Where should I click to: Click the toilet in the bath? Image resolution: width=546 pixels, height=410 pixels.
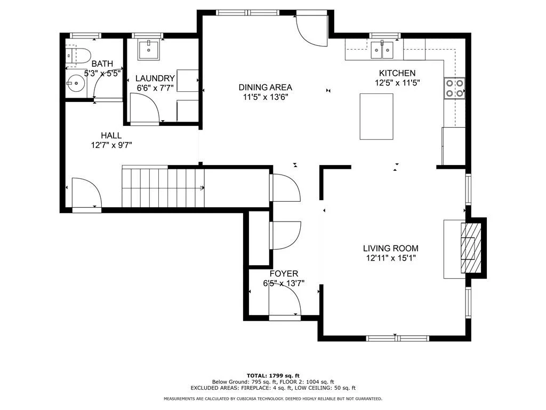[78, 56]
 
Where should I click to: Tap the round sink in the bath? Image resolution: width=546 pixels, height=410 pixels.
[75, 83]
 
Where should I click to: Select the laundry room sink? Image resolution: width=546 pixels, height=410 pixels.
[149, 50]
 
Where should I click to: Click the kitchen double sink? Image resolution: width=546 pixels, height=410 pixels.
[382, 50]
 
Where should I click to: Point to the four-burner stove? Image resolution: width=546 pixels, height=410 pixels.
[455, 88]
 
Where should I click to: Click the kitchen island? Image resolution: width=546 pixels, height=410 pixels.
[376, 116]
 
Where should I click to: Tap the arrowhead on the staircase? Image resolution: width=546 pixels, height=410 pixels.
[202, 188]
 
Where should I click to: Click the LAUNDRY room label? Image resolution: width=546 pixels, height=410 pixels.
[155, 78]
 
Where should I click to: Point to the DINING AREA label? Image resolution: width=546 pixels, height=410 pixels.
[266, 87]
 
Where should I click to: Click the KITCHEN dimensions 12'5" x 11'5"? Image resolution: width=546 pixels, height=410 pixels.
[397, 83]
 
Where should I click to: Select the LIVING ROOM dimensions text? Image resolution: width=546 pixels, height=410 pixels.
[391, 258]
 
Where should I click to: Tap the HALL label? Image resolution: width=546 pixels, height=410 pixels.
[111, 135]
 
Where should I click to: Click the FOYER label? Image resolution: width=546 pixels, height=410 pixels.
[284, 274]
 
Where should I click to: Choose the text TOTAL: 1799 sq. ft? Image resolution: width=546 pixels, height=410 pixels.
[273, 375]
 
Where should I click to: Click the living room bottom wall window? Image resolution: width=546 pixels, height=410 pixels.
[398, 338]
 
